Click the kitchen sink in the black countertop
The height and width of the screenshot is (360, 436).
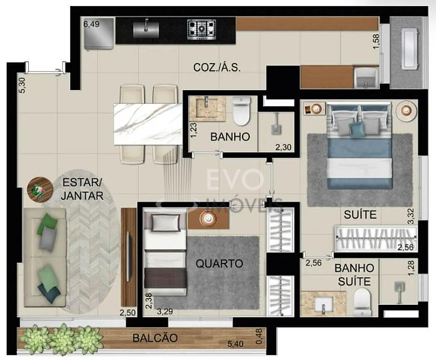click(x=146, y=29)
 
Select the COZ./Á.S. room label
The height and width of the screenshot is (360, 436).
click(x=217, y=67)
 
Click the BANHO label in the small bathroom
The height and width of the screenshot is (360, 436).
click(x=230, y=137)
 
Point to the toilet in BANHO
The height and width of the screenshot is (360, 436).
click(x=241, y=111)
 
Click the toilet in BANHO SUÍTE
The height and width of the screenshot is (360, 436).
click(x=363, y=302)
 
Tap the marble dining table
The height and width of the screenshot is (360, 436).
click(x=148, y=124)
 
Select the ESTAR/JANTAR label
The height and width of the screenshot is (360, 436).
click(x=82, y=189)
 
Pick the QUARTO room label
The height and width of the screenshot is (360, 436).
click(x=219, y=263)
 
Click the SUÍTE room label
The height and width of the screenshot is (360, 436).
click(x=360, y=215)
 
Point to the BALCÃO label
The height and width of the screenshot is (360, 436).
click(x=155, y=338)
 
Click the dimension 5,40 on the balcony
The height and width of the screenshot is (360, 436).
click(x=235, y=344)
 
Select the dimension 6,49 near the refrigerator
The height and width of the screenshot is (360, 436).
click(x=91, y=24)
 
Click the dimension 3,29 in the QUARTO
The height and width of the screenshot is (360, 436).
click(x=165, y=311)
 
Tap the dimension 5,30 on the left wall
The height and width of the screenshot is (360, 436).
click(x=22, y=85)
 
